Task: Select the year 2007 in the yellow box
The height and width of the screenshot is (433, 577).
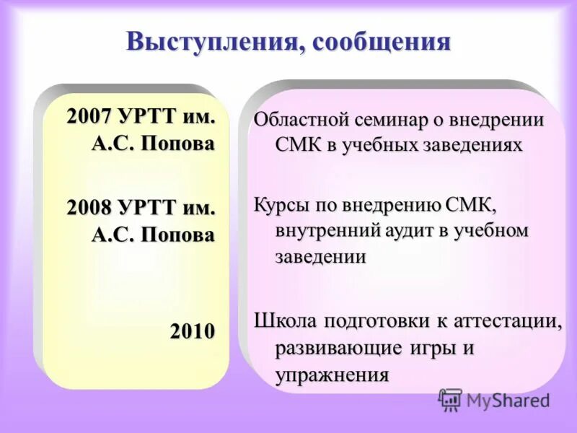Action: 89,116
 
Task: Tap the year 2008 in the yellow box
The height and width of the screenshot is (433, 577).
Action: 89,208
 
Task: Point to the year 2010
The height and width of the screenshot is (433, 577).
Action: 193,331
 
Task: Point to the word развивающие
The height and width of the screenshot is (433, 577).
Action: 339,347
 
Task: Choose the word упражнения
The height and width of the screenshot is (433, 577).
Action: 332,375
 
